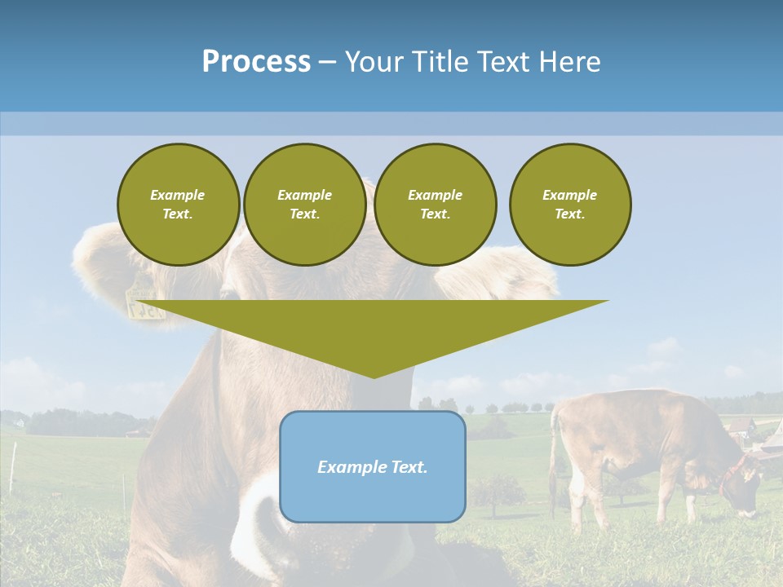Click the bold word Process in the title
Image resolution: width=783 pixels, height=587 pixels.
coord(256,61)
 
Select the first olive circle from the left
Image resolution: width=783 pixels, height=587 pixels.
coord(178,205)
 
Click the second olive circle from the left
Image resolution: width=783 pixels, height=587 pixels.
coord(304,205)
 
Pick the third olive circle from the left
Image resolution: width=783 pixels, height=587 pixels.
coord(435,205)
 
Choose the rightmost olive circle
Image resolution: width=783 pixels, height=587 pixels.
coord(569,205)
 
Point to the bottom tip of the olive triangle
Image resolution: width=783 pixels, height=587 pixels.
coord(374,377)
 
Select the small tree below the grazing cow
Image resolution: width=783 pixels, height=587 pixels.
coord(498,491)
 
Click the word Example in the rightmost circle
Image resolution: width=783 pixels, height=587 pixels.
coord(569,195)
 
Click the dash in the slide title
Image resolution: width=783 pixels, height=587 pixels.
coord(327,61)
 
